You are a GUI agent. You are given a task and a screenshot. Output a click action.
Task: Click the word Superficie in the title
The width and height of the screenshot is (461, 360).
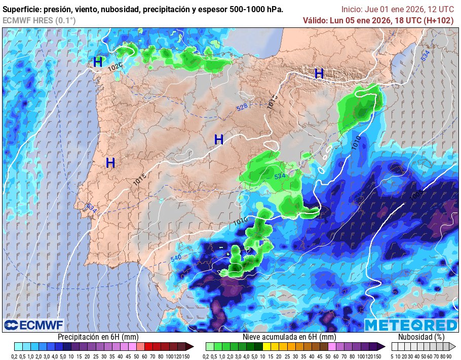[21, 10]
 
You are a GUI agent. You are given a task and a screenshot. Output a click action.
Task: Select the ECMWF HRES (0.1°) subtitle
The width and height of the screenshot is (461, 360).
[39, 20]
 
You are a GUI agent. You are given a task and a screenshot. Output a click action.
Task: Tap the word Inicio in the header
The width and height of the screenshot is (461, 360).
[352, 9]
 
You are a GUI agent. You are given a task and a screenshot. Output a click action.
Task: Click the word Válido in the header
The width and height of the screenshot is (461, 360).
[315, 20]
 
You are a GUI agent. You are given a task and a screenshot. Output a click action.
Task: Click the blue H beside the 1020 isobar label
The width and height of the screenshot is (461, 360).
[98, 62]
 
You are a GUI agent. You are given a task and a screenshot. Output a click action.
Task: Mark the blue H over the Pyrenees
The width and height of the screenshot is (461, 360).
[319, 74]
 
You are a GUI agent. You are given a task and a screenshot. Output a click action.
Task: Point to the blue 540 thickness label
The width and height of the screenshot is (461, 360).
[176, 259]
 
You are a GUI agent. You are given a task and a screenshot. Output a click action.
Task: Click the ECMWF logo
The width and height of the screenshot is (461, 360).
[33, 325]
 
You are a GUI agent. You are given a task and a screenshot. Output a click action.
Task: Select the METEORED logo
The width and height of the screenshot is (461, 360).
[410, 325]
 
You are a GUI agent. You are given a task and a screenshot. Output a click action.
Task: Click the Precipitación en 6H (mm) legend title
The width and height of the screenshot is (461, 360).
[98, 337]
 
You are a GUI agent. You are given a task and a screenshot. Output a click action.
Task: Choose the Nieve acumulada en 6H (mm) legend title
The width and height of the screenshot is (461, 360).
[289, 337]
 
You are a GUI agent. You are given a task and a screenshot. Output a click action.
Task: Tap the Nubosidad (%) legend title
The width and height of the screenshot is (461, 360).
[421, 337]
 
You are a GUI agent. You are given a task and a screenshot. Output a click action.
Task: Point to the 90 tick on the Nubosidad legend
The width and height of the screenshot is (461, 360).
[449, 356]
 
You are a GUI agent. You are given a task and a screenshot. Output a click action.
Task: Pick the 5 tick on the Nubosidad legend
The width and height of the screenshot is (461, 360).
[392, 356]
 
